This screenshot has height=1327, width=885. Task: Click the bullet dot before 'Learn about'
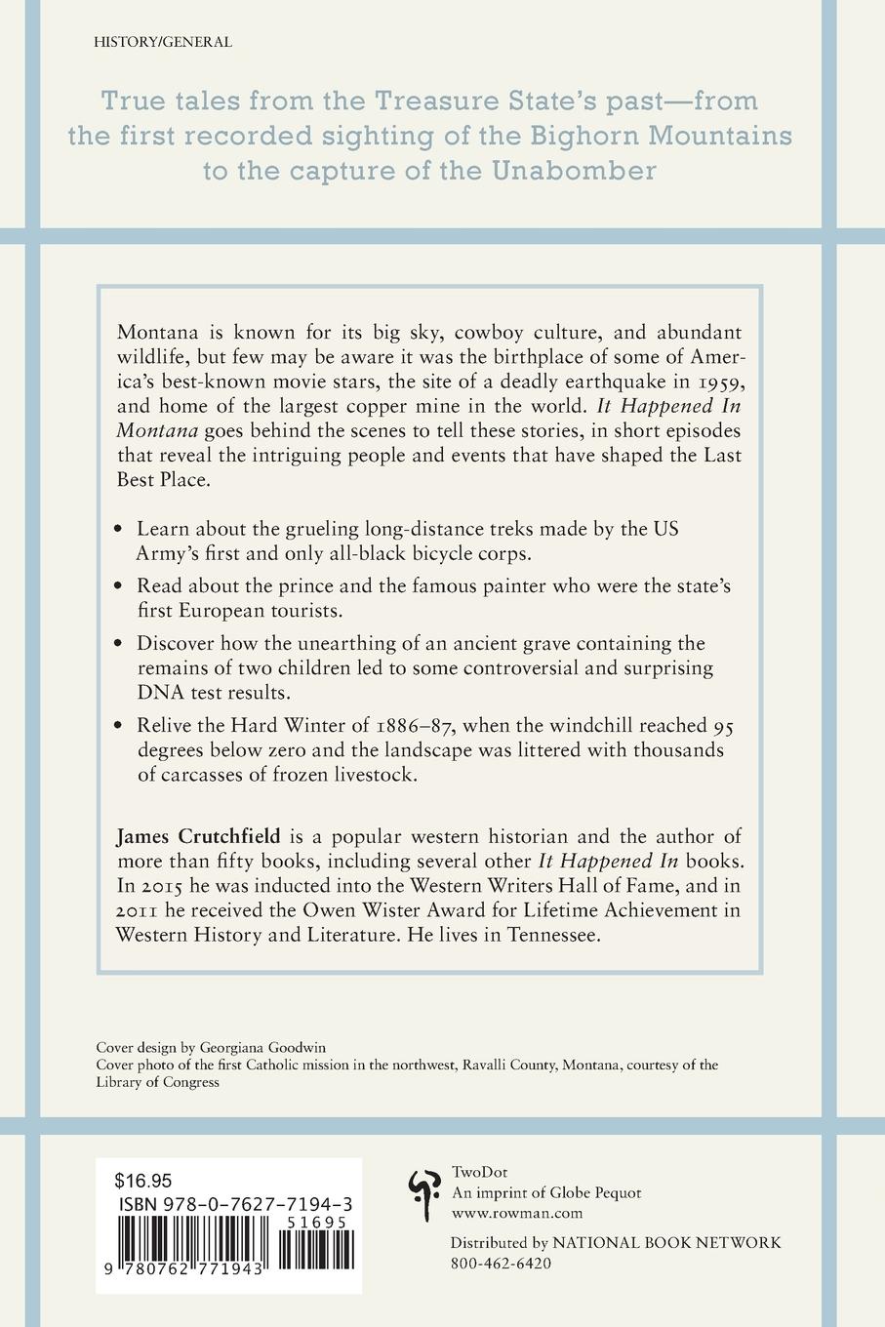pos(119,530)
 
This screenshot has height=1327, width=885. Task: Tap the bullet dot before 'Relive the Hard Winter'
pos(119,725)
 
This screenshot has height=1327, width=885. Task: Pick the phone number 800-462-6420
pos(501,1263)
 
